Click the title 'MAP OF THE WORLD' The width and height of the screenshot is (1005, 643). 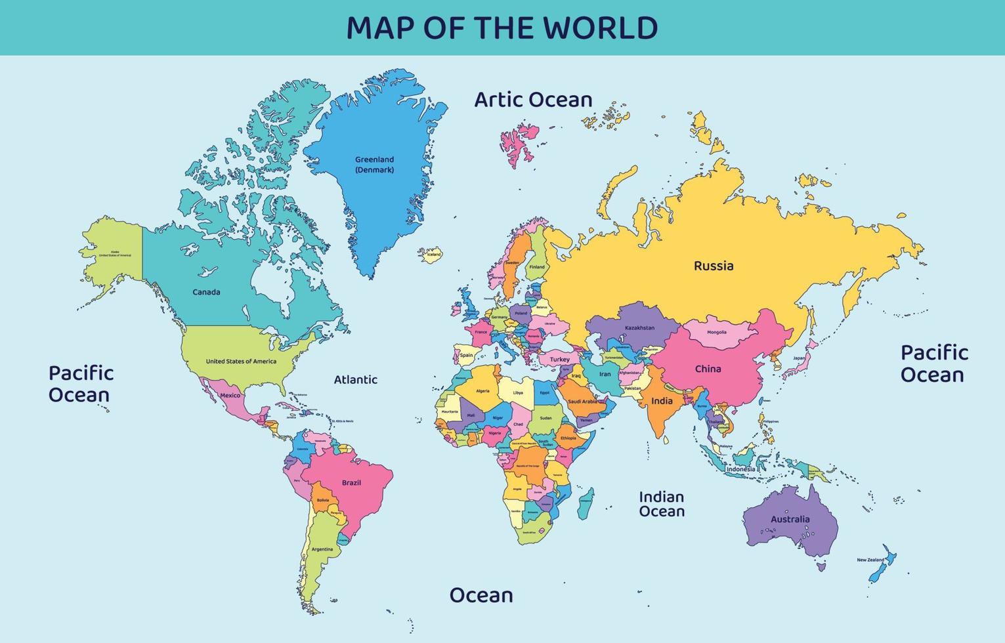(x=502, y=28)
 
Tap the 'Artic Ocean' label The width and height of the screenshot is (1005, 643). (x=533, y=100)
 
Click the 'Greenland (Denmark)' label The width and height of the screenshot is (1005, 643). (x=374, y=165)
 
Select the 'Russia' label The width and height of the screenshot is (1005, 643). (x=714, y=266)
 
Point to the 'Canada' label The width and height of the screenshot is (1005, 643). (x=206, y=292)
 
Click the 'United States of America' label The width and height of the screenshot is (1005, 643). (x=241, y=362)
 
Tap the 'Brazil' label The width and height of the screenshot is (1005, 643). (x=351, y=483)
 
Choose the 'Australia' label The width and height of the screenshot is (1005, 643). (x=790, y=519)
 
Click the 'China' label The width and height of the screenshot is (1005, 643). (x=708, y=369)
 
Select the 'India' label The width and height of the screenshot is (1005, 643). (x=662, y=401)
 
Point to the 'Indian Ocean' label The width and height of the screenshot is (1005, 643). (x=662, y=504)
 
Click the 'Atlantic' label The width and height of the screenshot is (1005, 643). (x=355, y=379)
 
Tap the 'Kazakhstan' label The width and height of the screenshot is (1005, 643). (x=639, y=328)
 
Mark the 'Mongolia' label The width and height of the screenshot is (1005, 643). (x=716, y=332)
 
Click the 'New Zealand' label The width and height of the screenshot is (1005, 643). (x=870, y=560)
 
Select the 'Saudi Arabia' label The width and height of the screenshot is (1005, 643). (x=582, y=402)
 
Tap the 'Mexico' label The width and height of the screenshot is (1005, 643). (x=230, y=396)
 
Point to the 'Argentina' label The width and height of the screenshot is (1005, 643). (x=322, y=549)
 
